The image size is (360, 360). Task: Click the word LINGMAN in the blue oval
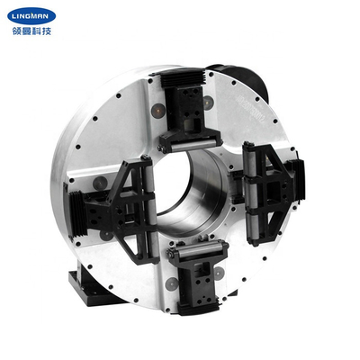coord(33,15)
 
